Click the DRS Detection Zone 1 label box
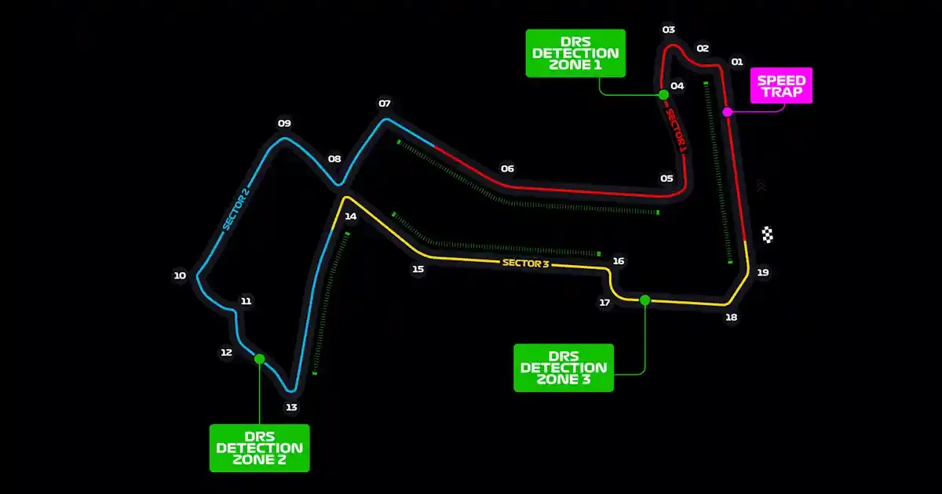[575, 53]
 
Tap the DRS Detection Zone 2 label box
[259, 448]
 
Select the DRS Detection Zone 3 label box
[563, 367]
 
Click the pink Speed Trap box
[781, 85]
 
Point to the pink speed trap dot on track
[727, 112]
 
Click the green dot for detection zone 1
[663, 95]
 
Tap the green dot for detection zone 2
[259, 358]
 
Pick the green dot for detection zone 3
[645, 300]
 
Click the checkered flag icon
[768, 234]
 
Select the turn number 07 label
[385, 104]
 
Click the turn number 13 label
[291, 407]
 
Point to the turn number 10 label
[180, 275]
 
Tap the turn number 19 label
[763, 273]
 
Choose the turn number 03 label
[669, 30]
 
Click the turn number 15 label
[418, 269]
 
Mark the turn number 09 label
[284, 123]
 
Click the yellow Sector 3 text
[525, 263]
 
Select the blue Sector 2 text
[235, 210]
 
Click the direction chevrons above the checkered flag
[760, 186]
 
